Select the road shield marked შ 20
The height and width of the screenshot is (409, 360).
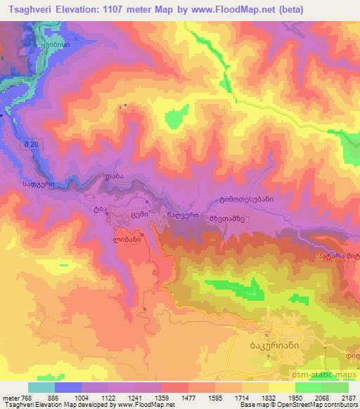click(x=29, y=143)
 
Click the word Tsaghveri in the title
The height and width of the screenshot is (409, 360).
click(x=29, y=11)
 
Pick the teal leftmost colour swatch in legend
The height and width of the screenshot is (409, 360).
click(x=41, y=387)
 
